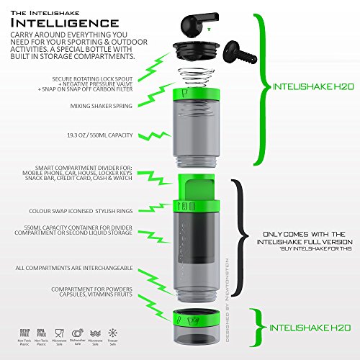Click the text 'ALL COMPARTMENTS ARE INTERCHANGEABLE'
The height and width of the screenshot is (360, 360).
point(65,268)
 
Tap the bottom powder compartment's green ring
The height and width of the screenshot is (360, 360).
point(195,318)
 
